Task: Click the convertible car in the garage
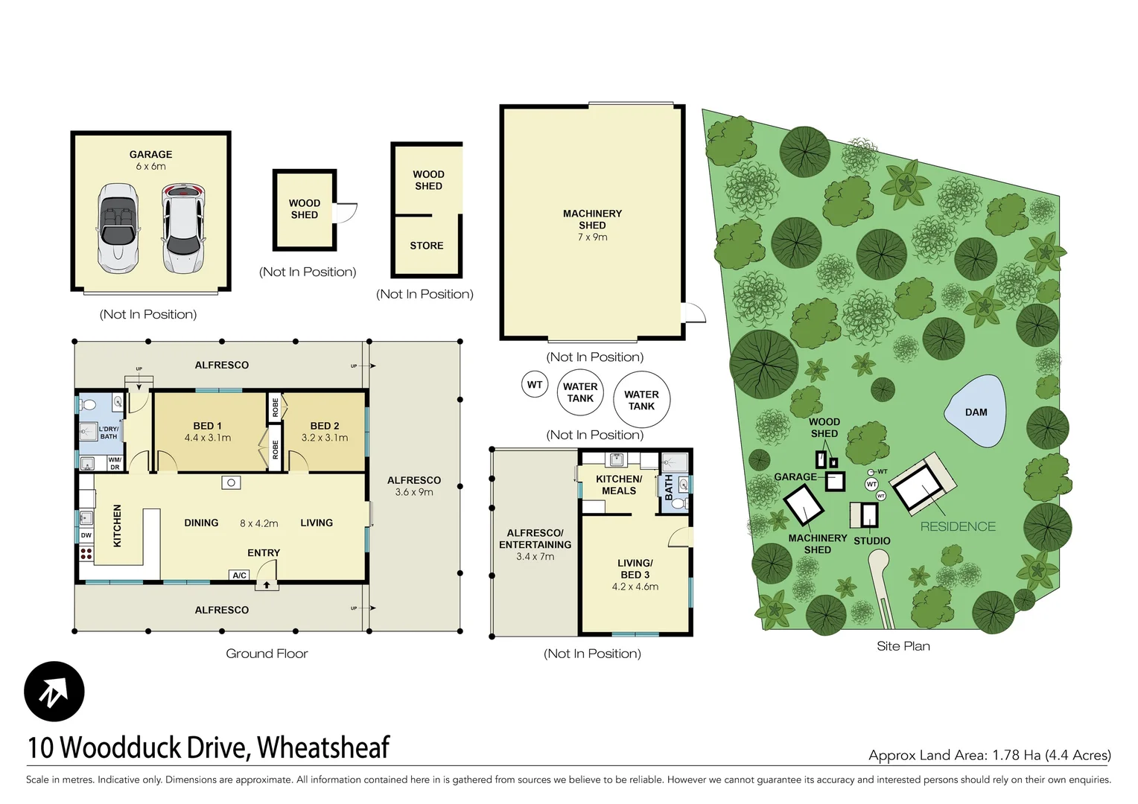click(x=118, y=228)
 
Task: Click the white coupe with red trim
click(x=182, y=229)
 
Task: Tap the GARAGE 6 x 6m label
click(x=150, y=159)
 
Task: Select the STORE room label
click(x=426, y=246)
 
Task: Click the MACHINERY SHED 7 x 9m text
click(x=592, y=225)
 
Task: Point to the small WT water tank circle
click(x=534, y=385)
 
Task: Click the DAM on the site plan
click(x=976, y=412)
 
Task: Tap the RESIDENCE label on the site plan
click(x=957, y=526)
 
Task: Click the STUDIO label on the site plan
click(x=871, y=541)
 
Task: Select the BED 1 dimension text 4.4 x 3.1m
click(x=208, y=438)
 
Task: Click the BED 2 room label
click(x=325, y=426)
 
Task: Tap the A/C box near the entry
click(x=239, y=575)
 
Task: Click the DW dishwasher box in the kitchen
click(x=86, y=535)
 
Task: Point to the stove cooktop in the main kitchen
click(x=86, y=553)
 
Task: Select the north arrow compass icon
click(x=54, y=692)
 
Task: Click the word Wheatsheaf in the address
click(x=322, y=747)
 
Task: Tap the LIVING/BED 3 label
click(x=635, y=569)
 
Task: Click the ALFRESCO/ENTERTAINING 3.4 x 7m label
click(x=535, y=544)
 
